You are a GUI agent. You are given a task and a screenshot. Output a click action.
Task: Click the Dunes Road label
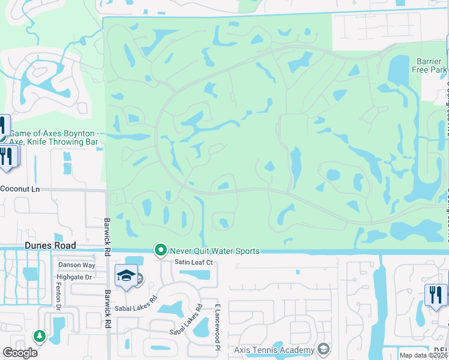(50, 245)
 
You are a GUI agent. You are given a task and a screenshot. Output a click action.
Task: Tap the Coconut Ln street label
(20, 188)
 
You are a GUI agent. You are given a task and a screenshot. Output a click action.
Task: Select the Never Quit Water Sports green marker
(160, 250)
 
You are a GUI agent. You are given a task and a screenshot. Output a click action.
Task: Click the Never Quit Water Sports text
(214, 251)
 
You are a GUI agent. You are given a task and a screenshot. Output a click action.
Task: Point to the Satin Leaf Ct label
(194, 262)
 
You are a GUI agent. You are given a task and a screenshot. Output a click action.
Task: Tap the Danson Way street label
(77, 265)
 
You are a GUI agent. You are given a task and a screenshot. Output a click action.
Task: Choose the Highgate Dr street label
(73, 277)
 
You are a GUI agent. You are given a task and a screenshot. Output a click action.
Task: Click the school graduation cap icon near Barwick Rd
(126, 275)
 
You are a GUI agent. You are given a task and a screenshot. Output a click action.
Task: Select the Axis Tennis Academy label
(274, 350)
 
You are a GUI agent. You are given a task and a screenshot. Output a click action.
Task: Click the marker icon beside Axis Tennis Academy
(324, 349)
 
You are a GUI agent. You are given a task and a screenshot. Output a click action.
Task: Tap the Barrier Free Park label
(431, 65)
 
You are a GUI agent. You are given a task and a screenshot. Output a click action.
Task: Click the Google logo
(20, 353)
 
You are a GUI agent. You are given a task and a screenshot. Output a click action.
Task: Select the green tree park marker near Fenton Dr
(40, 336)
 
